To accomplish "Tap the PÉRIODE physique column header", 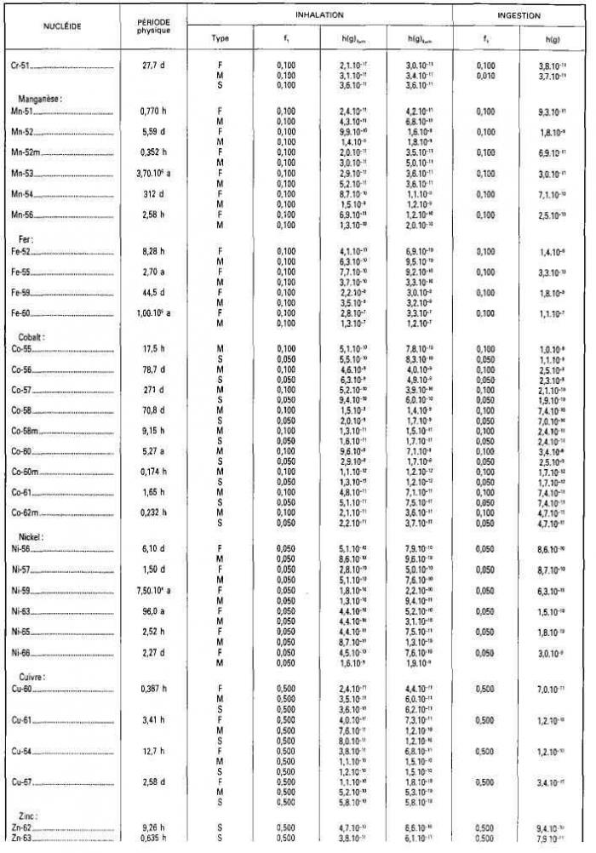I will tap(154, 26).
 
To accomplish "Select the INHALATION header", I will tap(319, 15).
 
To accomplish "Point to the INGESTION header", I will tap(519, 15).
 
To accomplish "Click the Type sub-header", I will tap(220, 38).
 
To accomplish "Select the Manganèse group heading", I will tap(41, 98).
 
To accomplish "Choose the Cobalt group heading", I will tap(32, 337).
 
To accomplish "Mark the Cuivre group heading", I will tap(32, 677).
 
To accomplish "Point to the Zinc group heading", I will tap(27, 816).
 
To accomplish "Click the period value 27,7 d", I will tap(154, 66).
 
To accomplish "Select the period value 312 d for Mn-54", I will tap(154, 194).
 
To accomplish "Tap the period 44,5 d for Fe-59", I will tap(154, 292).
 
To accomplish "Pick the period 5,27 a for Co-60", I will tap(154, 451).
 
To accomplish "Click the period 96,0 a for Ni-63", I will tap(154, 610).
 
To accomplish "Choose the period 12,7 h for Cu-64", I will tap(154, 751).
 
